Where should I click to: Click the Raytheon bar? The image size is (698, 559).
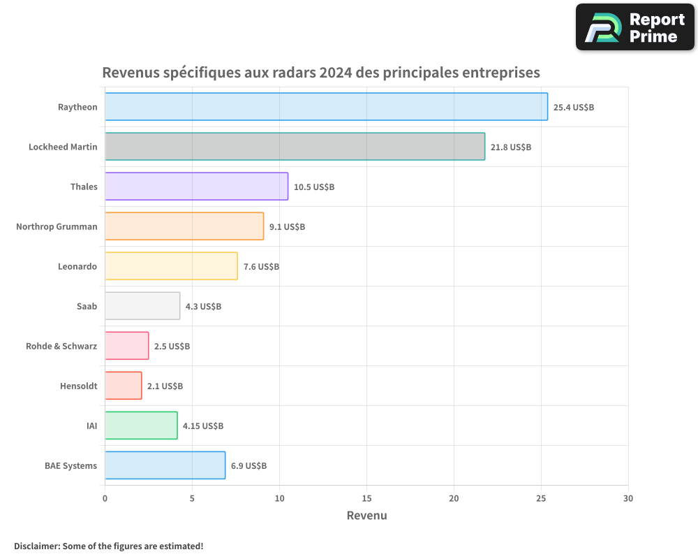(326, 107)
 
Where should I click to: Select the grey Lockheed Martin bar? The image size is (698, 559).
(295, 147)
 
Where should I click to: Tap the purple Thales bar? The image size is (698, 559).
(196, 187)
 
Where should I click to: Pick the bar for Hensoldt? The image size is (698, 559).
(123, 386)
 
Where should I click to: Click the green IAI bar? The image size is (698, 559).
(141, 426)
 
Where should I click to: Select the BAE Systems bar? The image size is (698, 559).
(165, 465)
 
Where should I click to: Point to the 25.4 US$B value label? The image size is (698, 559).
(573, 108)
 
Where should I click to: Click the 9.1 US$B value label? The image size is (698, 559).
(287, 227)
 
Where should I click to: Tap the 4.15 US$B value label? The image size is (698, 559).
(203, 426)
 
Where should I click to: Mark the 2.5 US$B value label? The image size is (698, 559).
(172, 347)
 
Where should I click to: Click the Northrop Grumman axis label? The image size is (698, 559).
(57, 226)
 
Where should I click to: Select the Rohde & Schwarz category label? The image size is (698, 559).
(61, 346)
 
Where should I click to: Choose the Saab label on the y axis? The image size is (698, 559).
(87, 306)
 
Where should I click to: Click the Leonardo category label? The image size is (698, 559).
(77, 266)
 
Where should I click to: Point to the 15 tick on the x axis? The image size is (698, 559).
(366, 498)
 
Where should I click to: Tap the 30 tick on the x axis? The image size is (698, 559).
(628, 498)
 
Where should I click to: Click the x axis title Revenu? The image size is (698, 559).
(366, 516)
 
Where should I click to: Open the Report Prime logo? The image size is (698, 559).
(635, 27)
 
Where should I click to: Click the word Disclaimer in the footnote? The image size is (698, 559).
(36, 546)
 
